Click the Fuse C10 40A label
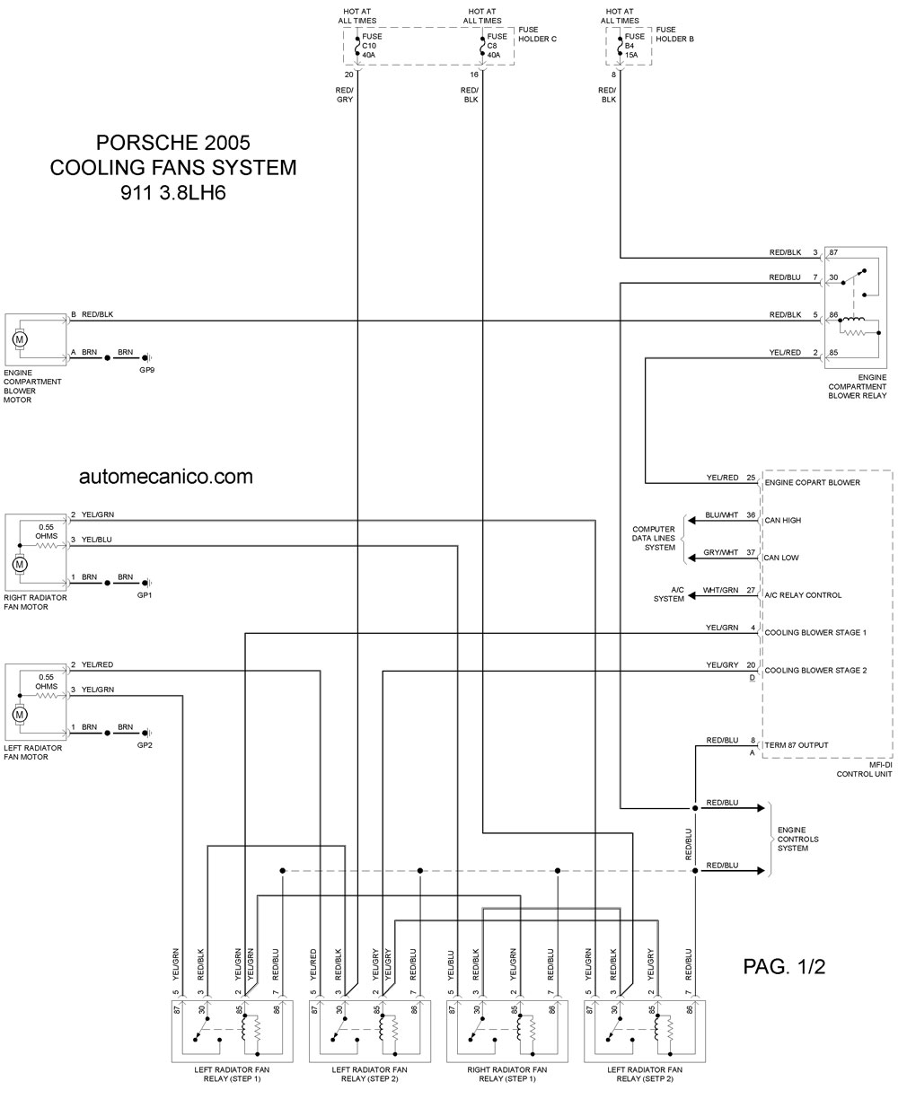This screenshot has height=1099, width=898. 372,45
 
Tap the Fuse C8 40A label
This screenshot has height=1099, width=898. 497,45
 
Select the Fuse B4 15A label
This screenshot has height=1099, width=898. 634,45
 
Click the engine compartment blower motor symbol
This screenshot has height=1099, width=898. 20,339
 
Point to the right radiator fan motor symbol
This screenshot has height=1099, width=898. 20,565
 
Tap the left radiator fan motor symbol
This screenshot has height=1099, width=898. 20,715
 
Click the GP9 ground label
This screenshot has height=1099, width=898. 147,370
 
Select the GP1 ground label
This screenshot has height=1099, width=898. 145,595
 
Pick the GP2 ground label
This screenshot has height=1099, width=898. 145,745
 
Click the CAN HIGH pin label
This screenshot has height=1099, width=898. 782,520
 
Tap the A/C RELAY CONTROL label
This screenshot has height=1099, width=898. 803,595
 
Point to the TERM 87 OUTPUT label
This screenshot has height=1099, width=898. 796,745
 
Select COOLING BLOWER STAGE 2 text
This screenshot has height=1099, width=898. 815,670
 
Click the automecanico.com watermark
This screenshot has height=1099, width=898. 166,476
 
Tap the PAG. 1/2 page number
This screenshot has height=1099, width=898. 784,967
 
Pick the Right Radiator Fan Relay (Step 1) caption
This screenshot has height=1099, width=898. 507,1074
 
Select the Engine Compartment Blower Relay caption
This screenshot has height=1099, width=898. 858,386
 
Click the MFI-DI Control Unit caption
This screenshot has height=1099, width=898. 864,769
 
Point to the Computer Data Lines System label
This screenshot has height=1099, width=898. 654,539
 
